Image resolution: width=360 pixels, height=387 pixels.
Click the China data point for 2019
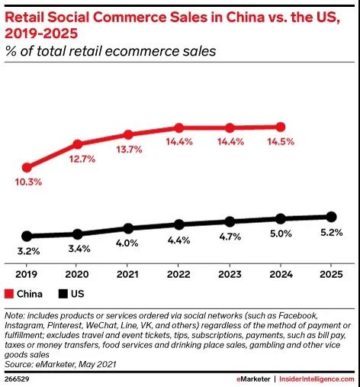point(27,167)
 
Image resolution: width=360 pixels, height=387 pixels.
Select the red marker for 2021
point(128,134)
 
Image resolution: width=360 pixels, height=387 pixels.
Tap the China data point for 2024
point(280,127)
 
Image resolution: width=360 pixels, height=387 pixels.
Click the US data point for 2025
point(331,216)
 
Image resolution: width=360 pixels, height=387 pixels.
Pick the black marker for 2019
point(27,236)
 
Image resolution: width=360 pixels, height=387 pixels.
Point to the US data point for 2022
point(178,224)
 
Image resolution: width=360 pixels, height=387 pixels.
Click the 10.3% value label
point(28,182)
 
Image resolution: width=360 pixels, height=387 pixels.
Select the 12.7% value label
point(79,160)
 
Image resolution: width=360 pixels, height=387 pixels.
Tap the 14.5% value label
point(280,142)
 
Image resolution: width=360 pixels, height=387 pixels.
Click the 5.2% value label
point(331,231)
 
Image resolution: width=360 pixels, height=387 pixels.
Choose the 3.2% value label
point(27,251)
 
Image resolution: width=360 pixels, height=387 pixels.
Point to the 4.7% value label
point(229,237)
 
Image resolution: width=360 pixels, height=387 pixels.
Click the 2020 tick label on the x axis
point(77,272)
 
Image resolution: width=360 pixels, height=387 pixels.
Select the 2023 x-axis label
point(229,272)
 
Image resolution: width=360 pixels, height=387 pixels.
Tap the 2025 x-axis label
point(331,272)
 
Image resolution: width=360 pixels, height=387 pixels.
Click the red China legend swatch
point(9,293)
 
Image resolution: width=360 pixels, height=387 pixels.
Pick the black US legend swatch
point(63,293)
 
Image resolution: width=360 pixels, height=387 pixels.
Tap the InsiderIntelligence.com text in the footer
point(316,379)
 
